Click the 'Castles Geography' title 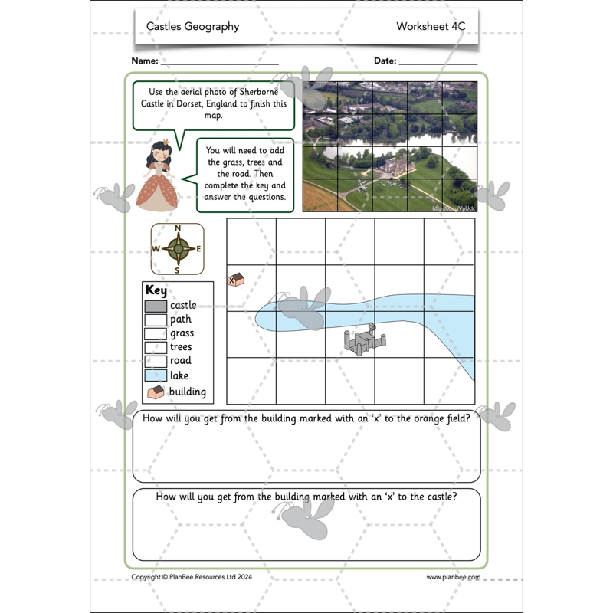coord(192,27)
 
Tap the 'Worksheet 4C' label coord(431,27)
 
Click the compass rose coord(178,249)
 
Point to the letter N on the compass coord(178,228)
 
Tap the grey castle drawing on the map coord(364,338)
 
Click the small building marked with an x coord(235,280)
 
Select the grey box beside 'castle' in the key coord(156,306)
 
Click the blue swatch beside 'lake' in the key coord(156,375)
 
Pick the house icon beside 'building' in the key coord(156,392)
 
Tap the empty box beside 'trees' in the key coord(156,347)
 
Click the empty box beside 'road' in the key coord(156,361)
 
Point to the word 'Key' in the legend coord(156,291)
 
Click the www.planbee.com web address coord(453,577)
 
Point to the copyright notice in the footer coord(193,577)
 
